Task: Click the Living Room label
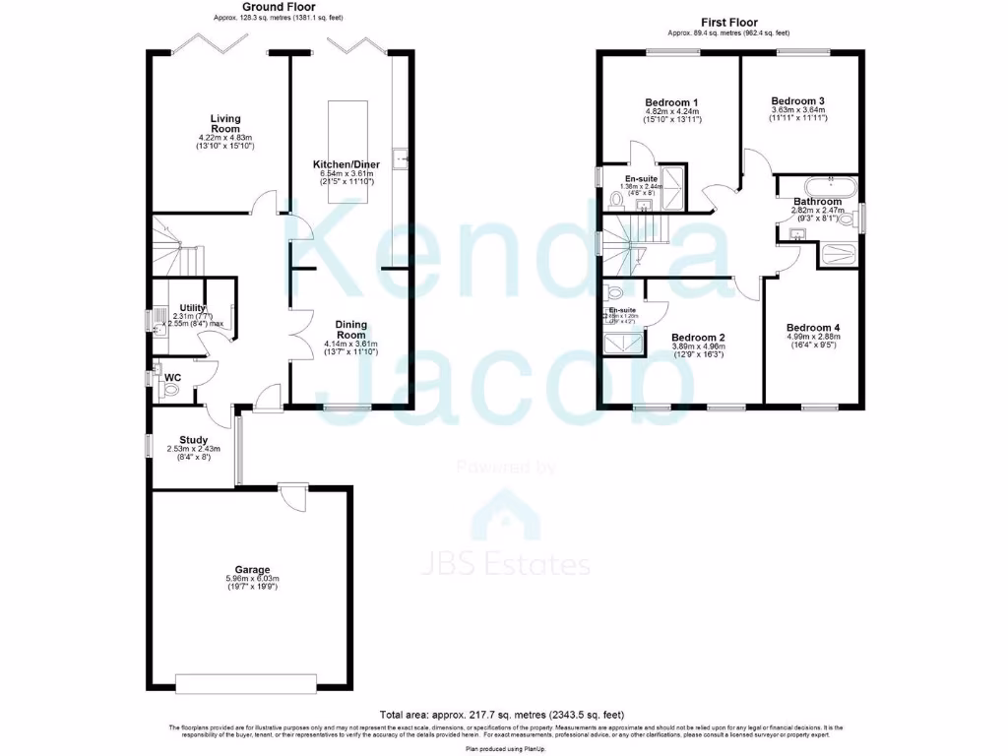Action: tap(225, 123)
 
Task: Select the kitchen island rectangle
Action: tap(346, 152)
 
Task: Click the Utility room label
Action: tap(192, 307)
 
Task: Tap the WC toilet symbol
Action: tap(169, 390)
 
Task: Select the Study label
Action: tap(192, 439)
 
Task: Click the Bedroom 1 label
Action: tap(672, 102)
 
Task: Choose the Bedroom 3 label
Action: tap(797, 100)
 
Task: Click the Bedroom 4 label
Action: tap(812, 327)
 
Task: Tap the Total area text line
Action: tap(502, 714)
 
